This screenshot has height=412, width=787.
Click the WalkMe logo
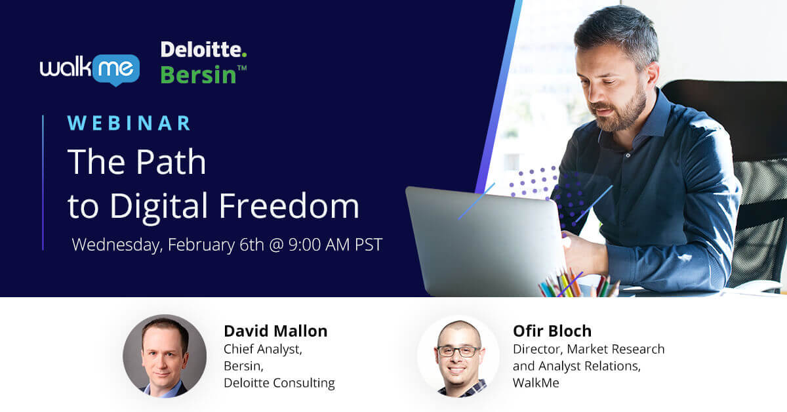[x=90, y=70]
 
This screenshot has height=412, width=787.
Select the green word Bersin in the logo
[x=198, y=75]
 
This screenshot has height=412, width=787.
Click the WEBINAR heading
[x=129, y=123]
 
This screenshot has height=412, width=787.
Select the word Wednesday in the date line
[x=115, y=245]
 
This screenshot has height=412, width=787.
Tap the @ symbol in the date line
[x=276, y=245]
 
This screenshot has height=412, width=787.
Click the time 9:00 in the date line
[x=304, y=245]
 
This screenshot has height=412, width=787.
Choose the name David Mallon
[x=275, y=331]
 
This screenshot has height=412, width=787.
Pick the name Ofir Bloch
[x=552, y=331]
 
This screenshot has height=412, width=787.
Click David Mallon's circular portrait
[x=165, y=356]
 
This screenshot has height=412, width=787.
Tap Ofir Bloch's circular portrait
[x=458, y=357]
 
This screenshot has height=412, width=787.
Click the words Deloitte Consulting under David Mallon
[x=279, y=383]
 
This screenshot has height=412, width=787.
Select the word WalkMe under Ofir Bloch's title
[x=536, y=383]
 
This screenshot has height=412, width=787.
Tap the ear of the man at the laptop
[x=652, y=75]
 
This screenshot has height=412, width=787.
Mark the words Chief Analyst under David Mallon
[x=263, y=350]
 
